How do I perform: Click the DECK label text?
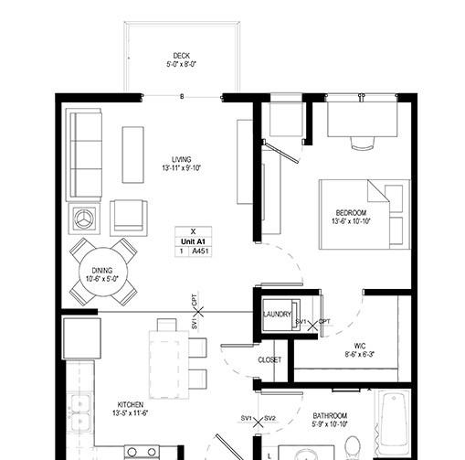point(182,56)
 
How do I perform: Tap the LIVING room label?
point(182,159)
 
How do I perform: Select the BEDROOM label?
point(351,212)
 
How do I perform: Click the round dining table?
point(103,272)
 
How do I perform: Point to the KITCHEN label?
point(131,405)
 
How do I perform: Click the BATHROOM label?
point(330,416)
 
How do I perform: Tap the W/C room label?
point(360,346)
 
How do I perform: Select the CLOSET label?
point(269,360)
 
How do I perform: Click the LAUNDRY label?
point(277,314)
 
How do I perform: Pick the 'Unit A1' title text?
point(193,241)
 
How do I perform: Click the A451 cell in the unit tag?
point(200,251)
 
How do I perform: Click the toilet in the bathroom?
point(354,448)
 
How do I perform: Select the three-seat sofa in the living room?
point(84,155)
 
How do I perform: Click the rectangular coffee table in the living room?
point(132,155)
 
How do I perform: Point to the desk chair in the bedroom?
point(363,143)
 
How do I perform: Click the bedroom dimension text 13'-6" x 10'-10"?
point(351,221)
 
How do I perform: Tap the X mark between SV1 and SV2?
point(259,423)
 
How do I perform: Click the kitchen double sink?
point(80,413)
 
